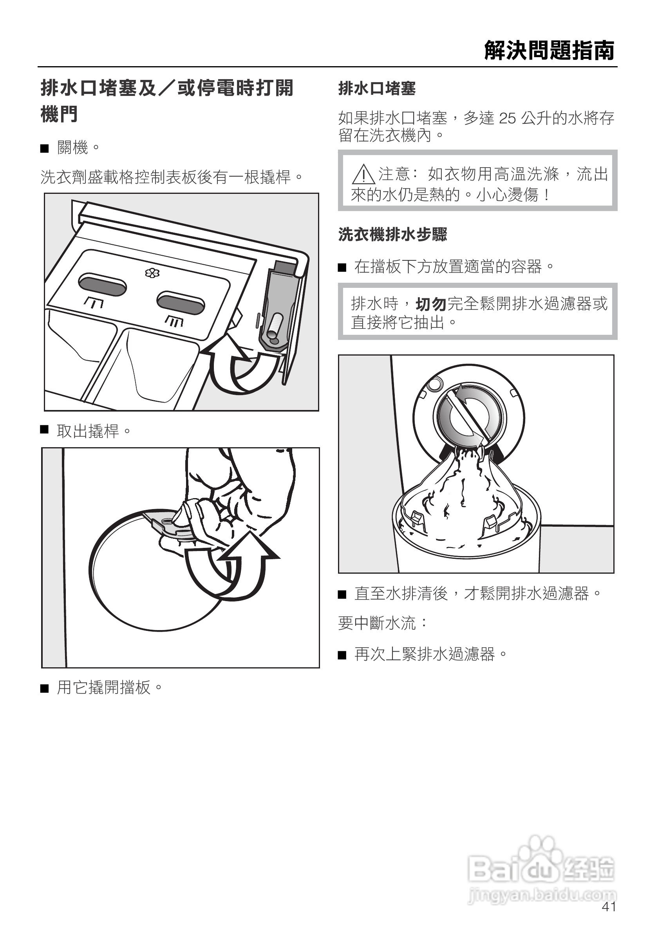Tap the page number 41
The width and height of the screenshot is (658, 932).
click(609, 907)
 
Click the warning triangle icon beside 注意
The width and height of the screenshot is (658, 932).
click(363, 175)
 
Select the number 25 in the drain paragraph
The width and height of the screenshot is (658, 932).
click(507, 118)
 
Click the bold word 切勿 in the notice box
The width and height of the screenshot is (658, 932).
click(431, 303)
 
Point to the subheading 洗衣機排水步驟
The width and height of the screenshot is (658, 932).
click(392, 234)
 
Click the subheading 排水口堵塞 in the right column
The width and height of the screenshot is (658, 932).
click(377, 88)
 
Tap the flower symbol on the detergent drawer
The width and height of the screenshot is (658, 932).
click(152, 273)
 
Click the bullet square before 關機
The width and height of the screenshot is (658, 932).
click(44, 148)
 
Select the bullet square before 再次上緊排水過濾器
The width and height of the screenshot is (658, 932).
click(342, 655)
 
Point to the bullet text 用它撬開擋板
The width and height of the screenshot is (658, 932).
click(110, 687)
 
